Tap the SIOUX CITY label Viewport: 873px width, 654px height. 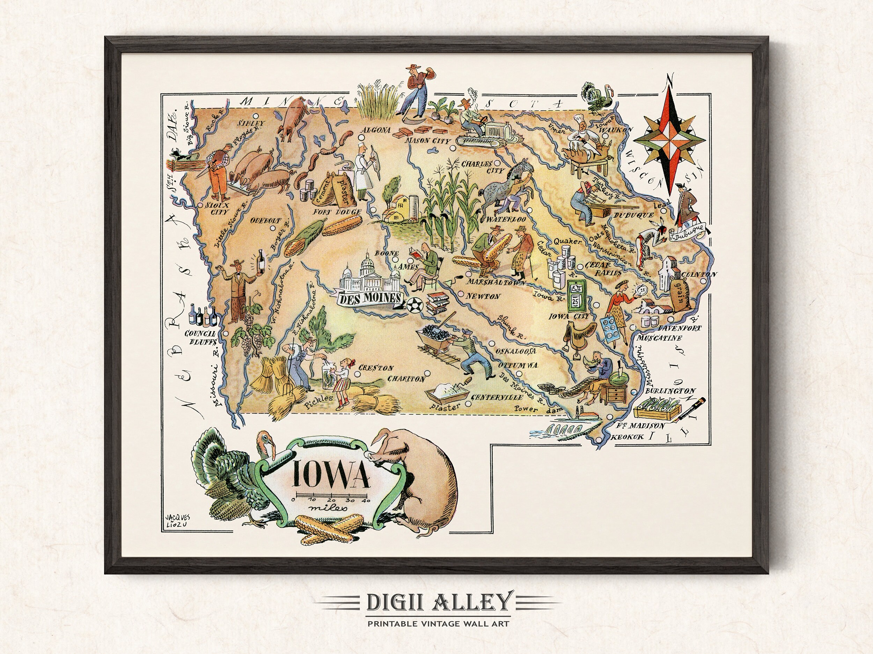(216, 209)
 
